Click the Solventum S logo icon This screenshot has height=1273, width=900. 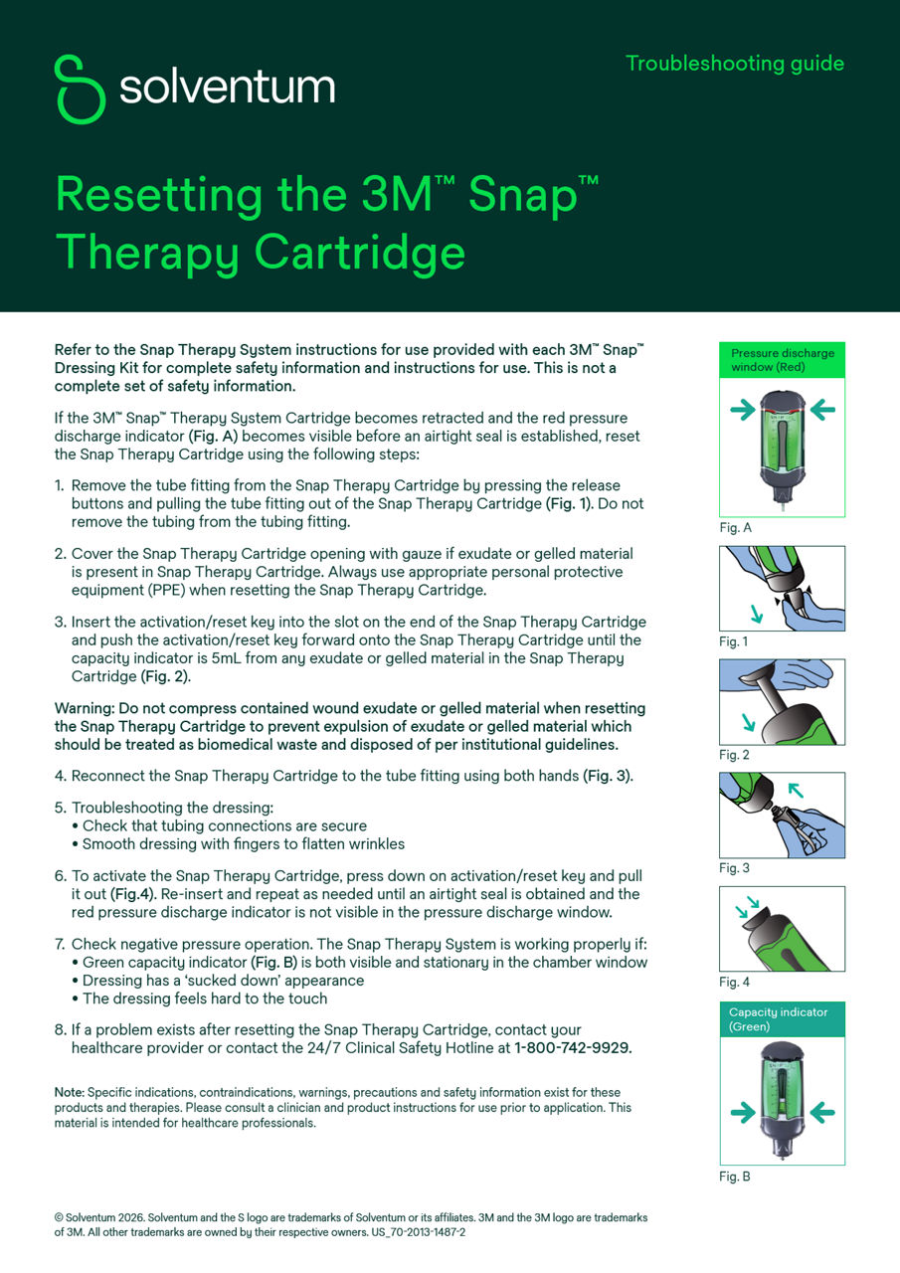point(81,90)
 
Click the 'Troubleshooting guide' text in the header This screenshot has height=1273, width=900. point(734,64)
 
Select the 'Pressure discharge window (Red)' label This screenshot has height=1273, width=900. point(782,360)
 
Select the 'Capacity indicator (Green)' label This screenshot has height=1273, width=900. point(782,1019)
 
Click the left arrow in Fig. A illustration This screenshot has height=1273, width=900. point(743,411)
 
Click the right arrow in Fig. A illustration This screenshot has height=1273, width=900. point(822,409)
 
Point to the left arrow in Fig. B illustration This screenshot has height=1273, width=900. point(743,1113)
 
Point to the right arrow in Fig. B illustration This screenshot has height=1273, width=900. point(822,1113)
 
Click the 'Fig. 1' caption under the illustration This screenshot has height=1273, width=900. point(734,641)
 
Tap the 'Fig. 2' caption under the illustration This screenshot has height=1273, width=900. point(734,755)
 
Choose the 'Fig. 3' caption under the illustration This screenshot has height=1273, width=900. point(734,868)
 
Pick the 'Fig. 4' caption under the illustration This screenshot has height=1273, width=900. point(734,983)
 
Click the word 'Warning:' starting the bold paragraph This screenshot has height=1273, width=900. point(85,709)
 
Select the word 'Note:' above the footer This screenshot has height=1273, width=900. point(70,1092)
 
